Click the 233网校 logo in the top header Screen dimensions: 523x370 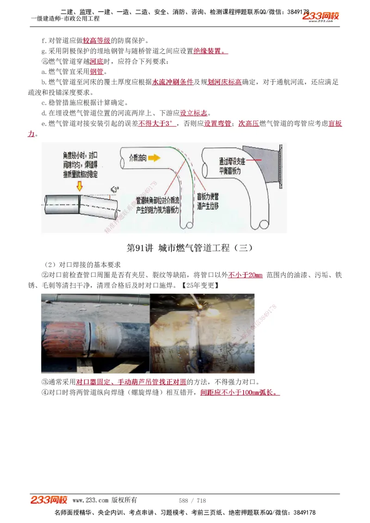[321, 16]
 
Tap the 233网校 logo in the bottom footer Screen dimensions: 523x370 [49, 500]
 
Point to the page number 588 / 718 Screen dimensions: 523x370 [192, 500]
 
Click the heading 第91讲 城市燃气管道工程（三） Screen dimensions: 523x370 [190, 248]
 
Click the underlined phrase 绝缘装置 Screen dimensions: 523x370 [210, 51]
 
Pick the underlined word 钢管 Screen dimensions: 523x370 [97, 72]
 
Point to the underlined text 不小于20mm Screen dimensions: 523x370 [245, 275]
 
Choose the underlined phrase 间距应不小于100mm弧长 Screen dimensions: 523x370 [240, 393]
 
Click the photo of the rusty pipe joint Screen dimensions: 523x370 [95, 333]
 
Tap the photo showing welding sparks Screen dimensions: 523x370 [202, 333]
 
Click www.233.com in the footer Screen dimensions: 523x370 [90, 500]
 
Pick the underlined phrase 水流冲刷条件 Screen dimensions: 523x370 [173, 82]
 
